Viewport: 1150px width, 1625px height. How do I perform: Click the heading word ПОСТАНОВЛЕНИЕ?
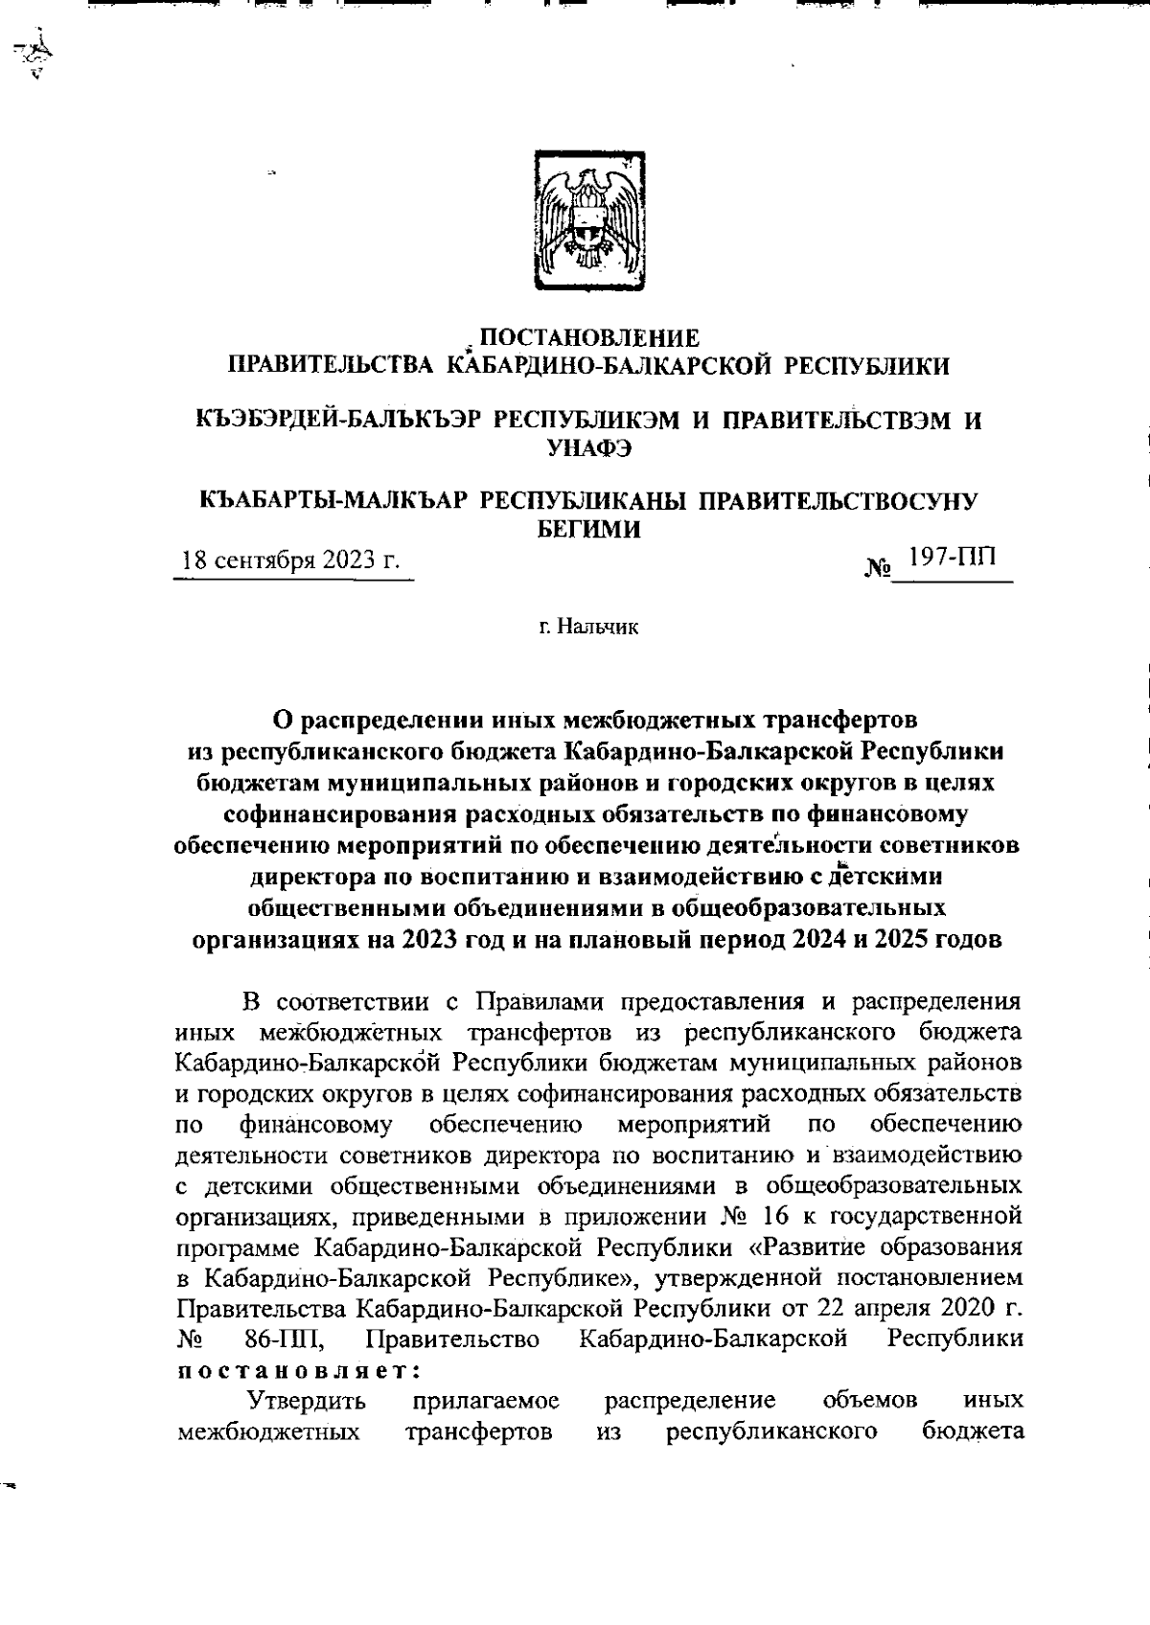tap(588, 337)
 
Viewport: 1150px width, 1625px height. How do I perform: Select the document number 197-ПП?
tap(952, 558)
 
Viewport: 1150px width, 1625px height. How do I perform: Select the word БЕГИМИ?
tap(586, 527)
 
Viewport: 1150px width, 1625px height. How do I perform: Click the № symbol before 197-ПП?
tap(877, 569)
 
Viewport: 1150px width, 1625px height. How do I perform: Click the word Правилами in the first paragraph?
tap(540, 1029)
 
